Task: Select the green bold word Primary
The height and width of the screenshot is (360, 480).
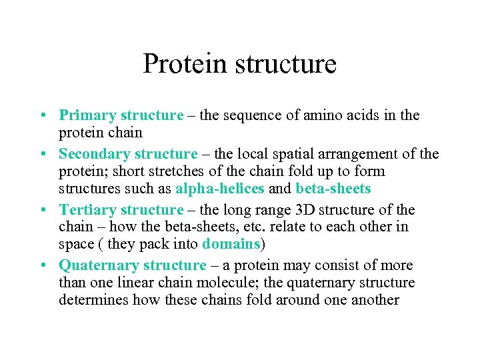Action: pyautogui.click(x=85, y=115)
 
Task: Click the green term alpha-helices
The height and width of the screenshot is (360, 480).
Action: pyautogui.click(x=220, y=189)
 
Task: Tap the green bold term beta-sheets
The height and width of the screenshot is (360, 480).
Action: pyautogui.click(x=333, y=189)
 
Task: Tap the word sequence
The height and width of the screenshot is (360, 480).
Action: pyautogui.click(x=255, y=115)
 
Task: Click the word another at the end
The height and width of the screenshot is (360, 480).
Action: pyautogui.click(x=374, y=300)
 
